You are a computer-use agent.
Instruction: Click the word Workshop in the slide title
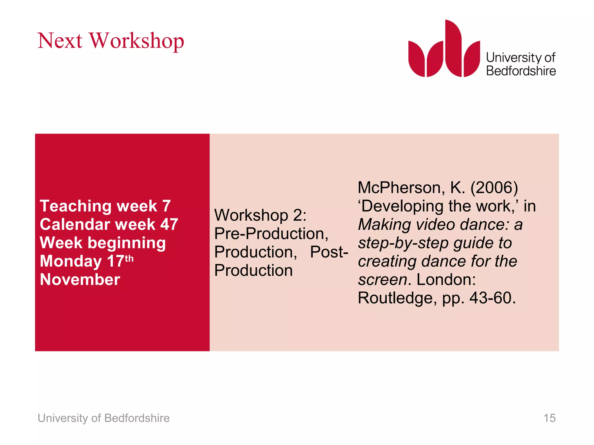(137, 41)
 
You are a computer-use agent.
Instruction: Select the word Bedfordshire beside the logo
(521, 71)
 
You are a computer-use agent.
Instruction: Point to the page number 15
(549, 418)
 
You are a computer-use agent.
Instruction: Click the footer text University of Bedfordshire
(104, 418)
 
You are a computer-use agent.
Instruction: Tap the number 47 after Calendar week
(169, 225)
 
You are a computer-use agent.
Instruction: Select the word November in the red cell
(80, 280)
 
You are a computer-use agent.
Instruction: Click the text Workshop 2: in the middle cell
(260, 215)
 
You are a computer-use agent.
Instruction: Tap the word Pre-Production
(271, 234)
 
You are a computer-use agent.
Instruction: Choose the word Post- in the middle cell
(329, 252)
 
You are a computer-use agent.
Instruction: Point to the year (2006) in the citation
(494, 188)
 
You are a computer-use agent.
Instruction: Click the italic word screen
(383, 280)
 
